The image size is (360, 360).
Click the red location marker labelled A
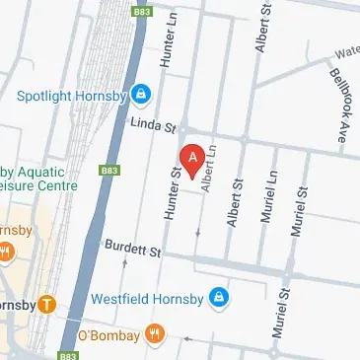(192, 157)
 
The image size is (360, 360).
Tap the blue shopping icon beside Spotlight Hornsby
(141, 95)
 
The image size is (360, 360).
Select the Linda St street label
(154, 126)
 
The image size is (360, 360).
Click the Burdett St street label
(133, 252)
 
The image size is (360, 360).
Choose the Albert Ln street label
(208, 174)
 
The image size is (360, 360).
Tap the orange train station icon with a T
(47, 303)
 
